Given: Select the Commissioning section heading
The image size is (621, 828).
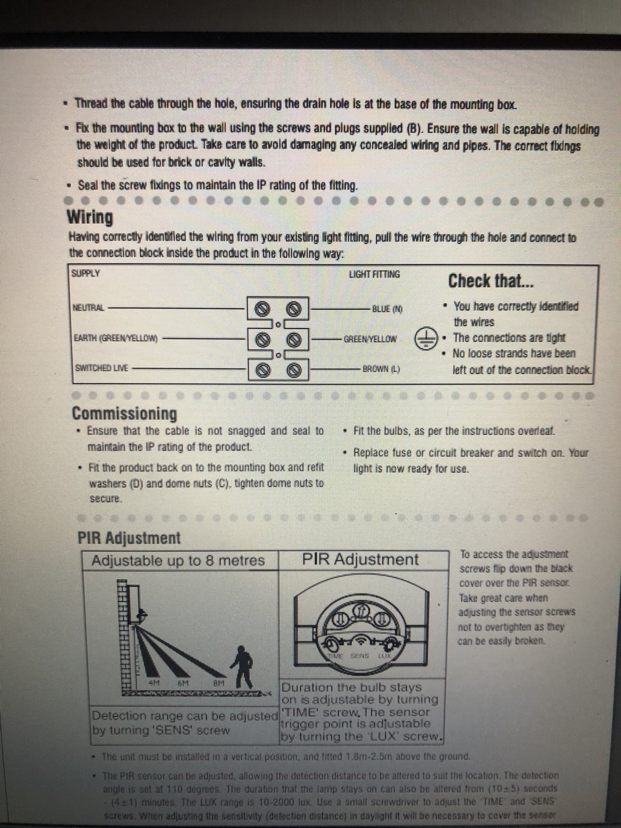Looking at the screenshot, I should [124, 413].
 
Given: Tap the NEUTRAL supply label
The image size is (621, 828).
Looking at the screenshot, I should [88, 308].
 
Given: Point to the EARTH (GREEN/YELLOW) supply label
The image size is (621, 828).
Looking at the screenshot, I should [116, 338].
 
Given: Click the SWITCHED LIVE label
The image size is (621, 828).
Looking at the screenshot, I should [101, 368].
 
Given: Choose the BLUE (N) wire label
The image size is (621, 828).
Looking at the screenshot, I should [387, 309].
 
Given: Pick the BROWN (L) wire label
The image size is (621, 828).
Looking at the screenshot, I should [381, 369].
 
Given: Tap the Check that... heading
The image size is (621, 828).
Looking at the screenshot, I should [491, 281].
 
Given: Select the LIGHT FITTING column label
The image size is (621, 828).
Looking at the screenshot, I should [374, 274].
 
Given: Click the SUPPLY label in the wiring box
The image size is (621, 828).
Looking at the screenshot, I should [86, 273].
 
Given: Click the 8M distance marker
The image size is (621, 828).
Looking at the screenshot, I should [219, 683].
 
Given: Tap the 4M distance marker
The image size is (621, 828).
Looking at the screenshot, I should [154, 683].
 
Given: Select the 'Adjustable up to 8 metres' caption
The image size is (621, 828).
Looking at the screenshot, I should [178, 560].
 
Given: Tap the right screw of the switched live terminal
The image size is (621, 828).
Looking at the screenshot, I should [294, 370].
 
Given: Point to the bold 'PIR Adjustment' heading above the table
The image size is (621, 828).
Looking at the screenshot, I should [129, 538].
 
